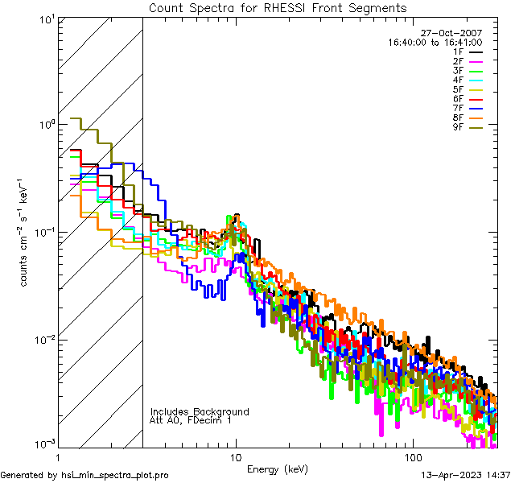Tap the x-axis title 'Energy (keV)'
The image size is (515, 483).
point(277,469)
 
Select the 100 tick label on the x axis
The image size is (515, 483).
point(413,456)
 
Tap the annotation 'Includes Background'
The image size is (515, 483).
point(200,411)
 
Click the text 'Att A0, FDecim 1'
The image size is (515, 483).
point(191,420)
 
